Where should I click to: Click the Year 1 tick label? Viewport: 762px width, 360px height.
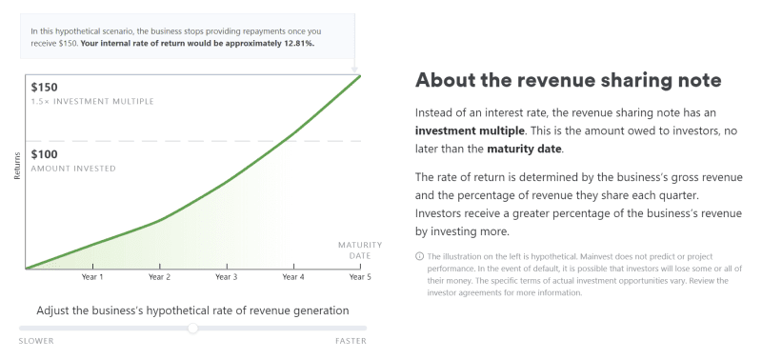coord(92,277)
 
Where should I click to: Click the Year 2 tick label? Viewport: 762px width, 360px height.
coord(159,277)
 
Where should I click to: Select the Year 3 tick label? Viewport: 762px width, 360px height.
coord(226,277)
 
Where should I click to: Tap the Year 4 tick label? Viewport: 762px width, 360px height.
coord(293,277)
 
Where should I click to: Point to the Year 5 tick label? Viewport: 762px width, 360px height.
coord(359,277)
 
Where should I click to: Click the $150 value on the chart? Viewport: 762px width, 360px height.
coord(45,87)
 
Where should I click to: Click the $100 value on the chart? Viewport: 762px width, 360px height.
coord(45,154)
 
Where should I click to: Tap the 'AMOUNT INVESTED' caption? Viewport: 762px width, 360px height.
coord(73,169)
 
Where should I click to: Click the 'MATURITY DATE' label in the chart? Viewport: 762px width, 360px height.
coord(352,250)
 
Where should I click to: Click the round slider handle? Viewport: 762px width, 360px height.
coord(193,328)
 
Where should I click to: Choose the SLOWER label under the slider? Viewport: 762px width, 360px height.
coord(36,341)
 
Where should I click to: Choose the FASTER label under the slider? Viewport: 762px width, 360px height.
coord(351,341)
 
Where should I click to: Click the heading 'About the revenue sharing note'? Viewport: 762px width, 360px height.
coord(568,79)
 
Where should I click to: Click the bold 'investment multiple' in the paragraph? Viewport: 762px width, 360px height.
coord(469,130)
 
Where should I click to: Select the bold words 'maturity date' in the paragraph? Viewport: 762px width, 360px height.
coord(524,149)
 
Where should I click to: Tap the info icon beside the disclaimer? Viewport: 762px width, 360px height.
coord(420,256)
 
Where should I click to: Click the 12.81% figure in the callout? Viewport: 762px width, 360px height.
coord(296,43)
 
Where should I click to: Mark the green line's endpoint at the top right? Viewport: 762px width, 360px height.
coord(360,74)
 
